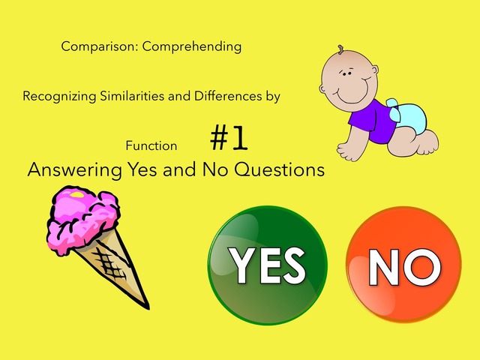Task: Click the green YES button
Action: [x=267, y=265]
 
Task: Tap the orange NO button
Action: [x=405, y=265]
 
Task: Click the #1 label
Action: [x=229, y=139]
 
